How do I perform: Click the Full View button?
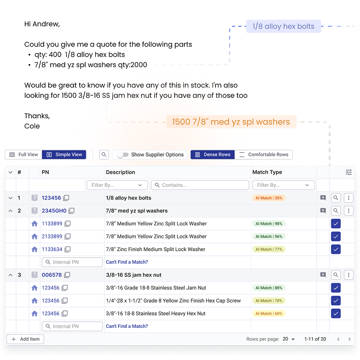tap(23, 155)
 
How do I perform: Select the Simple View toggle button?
tap(64, 155)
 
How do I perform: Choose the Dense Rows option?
tap(212, 155)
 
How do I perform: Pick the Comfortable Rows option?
tap(264, 155)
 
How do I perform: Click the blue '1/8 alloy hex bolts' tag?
tap(283, 26)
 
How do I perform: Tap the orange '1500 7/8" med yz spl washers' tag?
tap(231, 122)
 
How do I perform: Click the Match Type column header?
tap(267, 172)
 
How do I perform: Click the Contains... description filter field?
tap(200, 185)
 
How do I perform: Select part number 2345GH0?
tap(54, 211)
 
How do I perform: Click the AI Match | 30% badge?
tap(268, 198)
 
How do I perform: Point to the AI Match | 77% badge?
tap(268, 249)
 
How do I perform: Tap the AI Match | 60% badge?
tap(268, 313)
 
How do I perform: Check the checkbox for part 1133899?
tap(336, 224)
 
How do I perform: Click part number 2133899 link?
tap(52, 236)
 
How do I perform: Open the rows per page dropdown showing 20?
tap(289, 339)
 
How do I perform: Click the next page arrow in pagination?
tap(349, 339)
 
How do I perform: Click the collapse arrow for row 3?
tap(10, 275)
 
